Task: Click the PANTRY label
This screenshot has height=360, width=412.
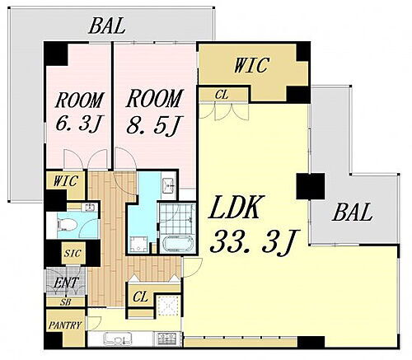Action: (65, 325)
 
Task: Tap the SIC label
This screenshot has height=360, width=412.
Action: (73, 253)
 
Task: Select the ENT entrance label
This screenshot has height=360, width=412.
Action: (66, 283)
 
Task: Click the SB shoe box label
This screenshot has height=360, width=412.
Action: (65, 302)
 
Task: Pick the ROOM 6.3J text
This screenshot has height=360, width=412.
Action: (80, 112)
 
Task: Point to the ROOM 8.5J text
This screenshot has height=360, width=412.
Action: (154, 112)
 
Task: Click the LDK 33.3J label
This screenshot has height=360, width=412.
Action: (253, 224)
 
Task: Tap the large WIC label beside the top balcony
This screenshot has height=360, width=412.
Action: (251, 65)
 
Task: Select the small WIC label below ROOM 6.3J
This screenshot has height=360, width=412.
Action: (66, 181)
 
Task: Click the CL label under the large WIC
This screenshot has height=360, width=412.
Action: (222, 95)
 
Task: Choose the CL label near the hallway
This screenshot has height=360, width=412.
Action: (140, 297)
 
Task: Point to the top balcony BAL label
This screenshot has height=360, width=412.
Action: (107, 26)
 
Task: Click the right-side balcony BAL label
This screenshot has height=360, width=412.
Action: (353, 213)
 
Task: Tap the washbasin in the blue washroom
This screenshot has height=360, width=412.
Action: (168, 184)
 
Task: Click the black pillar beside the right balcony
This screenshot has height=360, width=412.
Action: (311, 186)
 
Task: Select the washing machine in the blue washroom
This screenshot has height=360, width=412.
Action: (138, 244)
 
